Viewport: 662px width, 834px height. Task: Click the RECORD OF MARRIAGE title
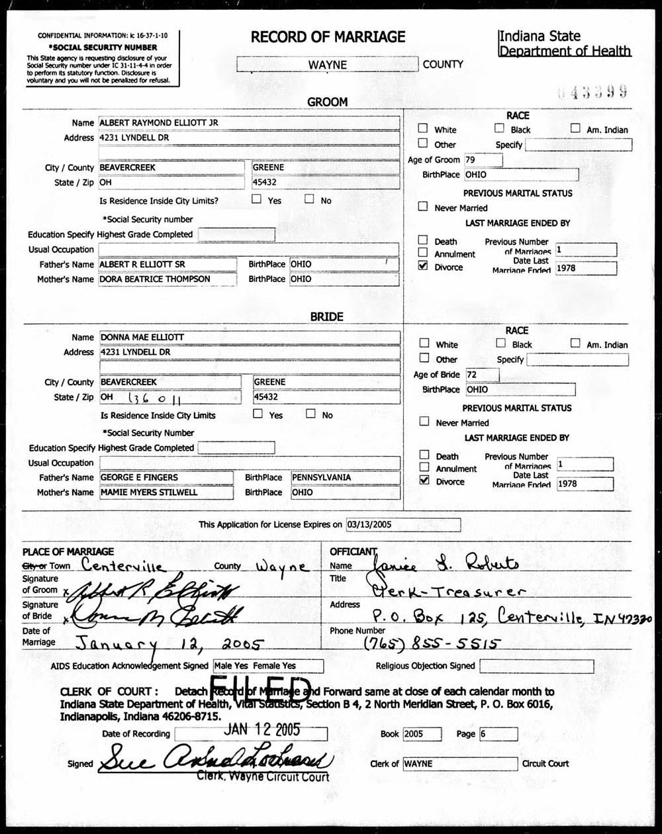pyautogui.click(x=328, y=38)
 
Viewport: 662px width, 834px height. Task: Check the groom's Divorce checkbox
pyautogui.click(x=423, y=266)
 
